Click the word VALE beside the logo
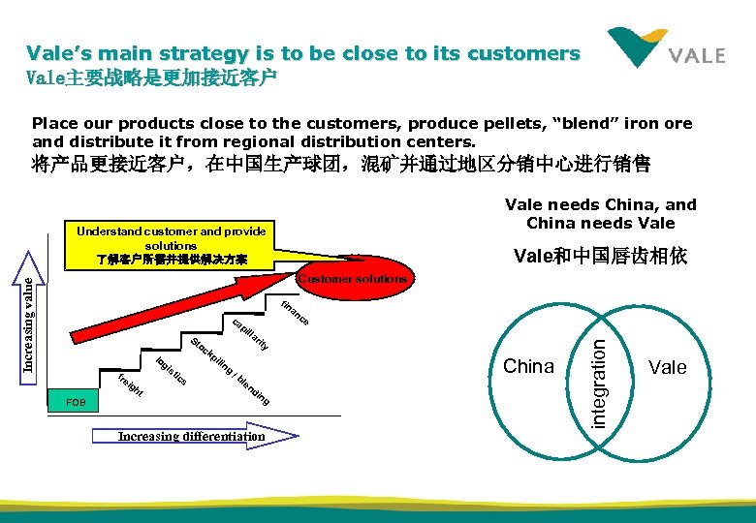coord(696,55)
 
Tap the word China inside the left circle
coord(528,366)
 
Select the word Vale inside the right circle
coord(667,366)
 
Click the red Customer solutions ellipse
coord(353,279)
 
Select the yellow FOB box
coord(76,401)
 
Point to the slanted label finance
coord(295,313)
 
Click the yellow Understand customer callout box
coord(171,246)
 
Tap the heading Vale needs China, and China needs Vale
coord(600,214)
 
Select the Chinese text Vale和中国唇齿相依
coord(600,256)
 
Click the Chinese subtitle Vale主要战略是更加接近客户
coord(151,77)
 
